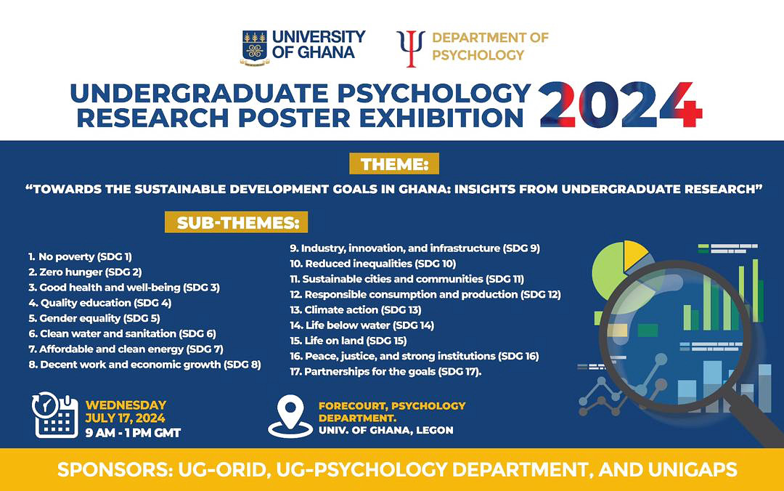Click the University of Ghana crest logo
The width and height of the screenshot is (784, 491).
pos(254,47)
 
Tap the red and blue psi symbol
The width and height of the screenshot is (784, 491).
pos(411,48)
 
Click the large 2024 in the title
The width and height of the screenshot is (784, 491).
pos(621,105)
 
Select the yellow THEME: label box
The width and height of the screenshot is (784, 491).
pos(395,165)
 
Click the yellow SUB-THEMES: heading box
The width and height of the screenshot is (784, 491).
pos(237,222)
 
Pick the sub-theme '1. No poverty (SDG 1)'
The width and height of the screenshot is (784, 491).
pos(80,256)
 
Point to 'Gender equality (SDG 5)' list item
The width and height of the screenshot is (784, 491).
pos(94,318)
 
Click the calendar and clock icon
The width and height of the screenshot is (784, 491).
pos(56,415)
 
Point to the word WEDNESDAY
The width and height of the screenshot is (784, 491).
pos(126,405)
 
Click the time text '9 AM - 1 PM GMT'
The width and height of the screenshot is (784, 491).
pos(133,433)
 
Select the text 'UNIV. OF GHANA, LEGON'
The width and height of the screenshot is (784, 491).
pos(385,430)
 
